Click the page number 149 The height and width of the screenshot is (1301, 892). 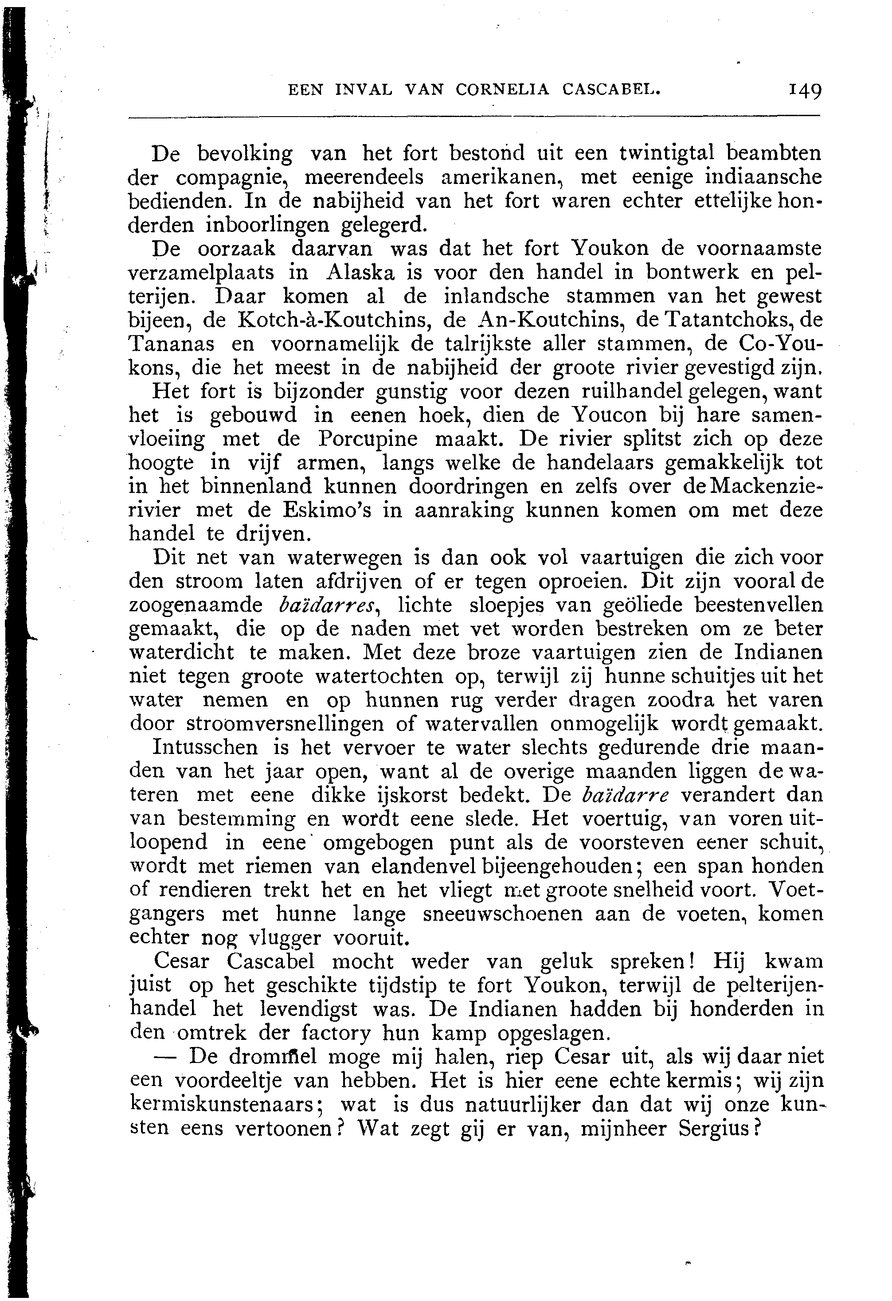[x=805, y=91]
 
